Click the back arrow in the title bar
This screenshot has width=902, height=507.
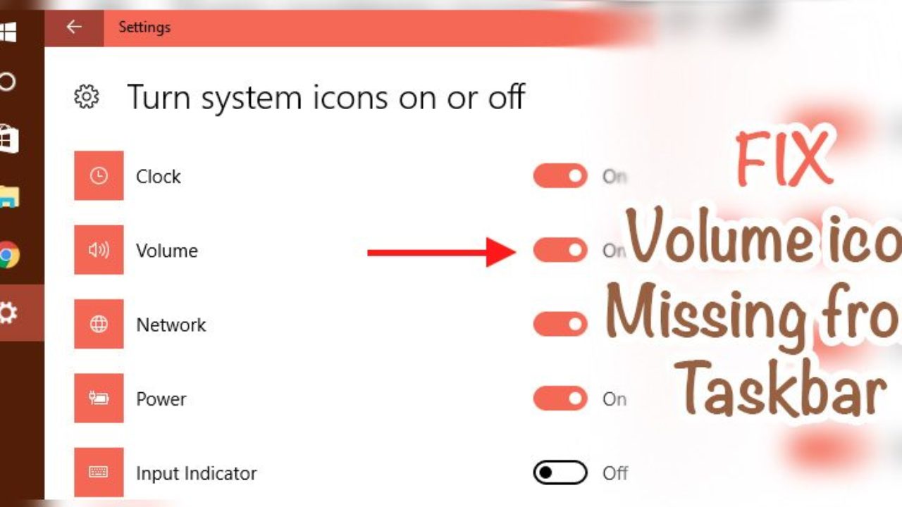73,27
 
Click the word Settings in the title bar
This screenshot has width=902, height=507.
144,27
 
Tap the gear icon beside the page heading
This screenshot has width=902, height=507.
87,97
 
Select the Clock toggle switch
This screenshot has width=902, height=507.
560,176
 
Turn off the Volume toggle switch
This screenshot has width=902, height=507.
560,250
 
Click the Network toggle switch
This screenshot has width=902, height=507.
560,324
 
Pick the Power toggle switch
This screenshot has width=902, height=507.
560,399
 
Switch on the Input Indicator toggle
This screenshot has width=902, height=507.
560,472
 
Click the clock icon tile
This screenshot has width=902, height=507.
99,176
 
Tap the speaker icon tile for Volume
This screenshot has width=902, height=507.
99,250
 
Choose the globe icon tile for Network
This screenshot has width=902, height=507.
99,324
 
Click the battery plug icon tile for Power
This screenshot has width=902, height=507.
99,399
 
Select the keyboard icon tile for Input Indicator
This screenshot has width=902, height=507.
99,472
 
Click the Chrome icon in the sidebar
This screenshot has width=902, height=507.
7,255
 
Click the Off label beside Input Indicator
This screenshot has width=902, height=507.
615,473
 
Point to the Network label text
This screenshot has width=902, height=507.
171,325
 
